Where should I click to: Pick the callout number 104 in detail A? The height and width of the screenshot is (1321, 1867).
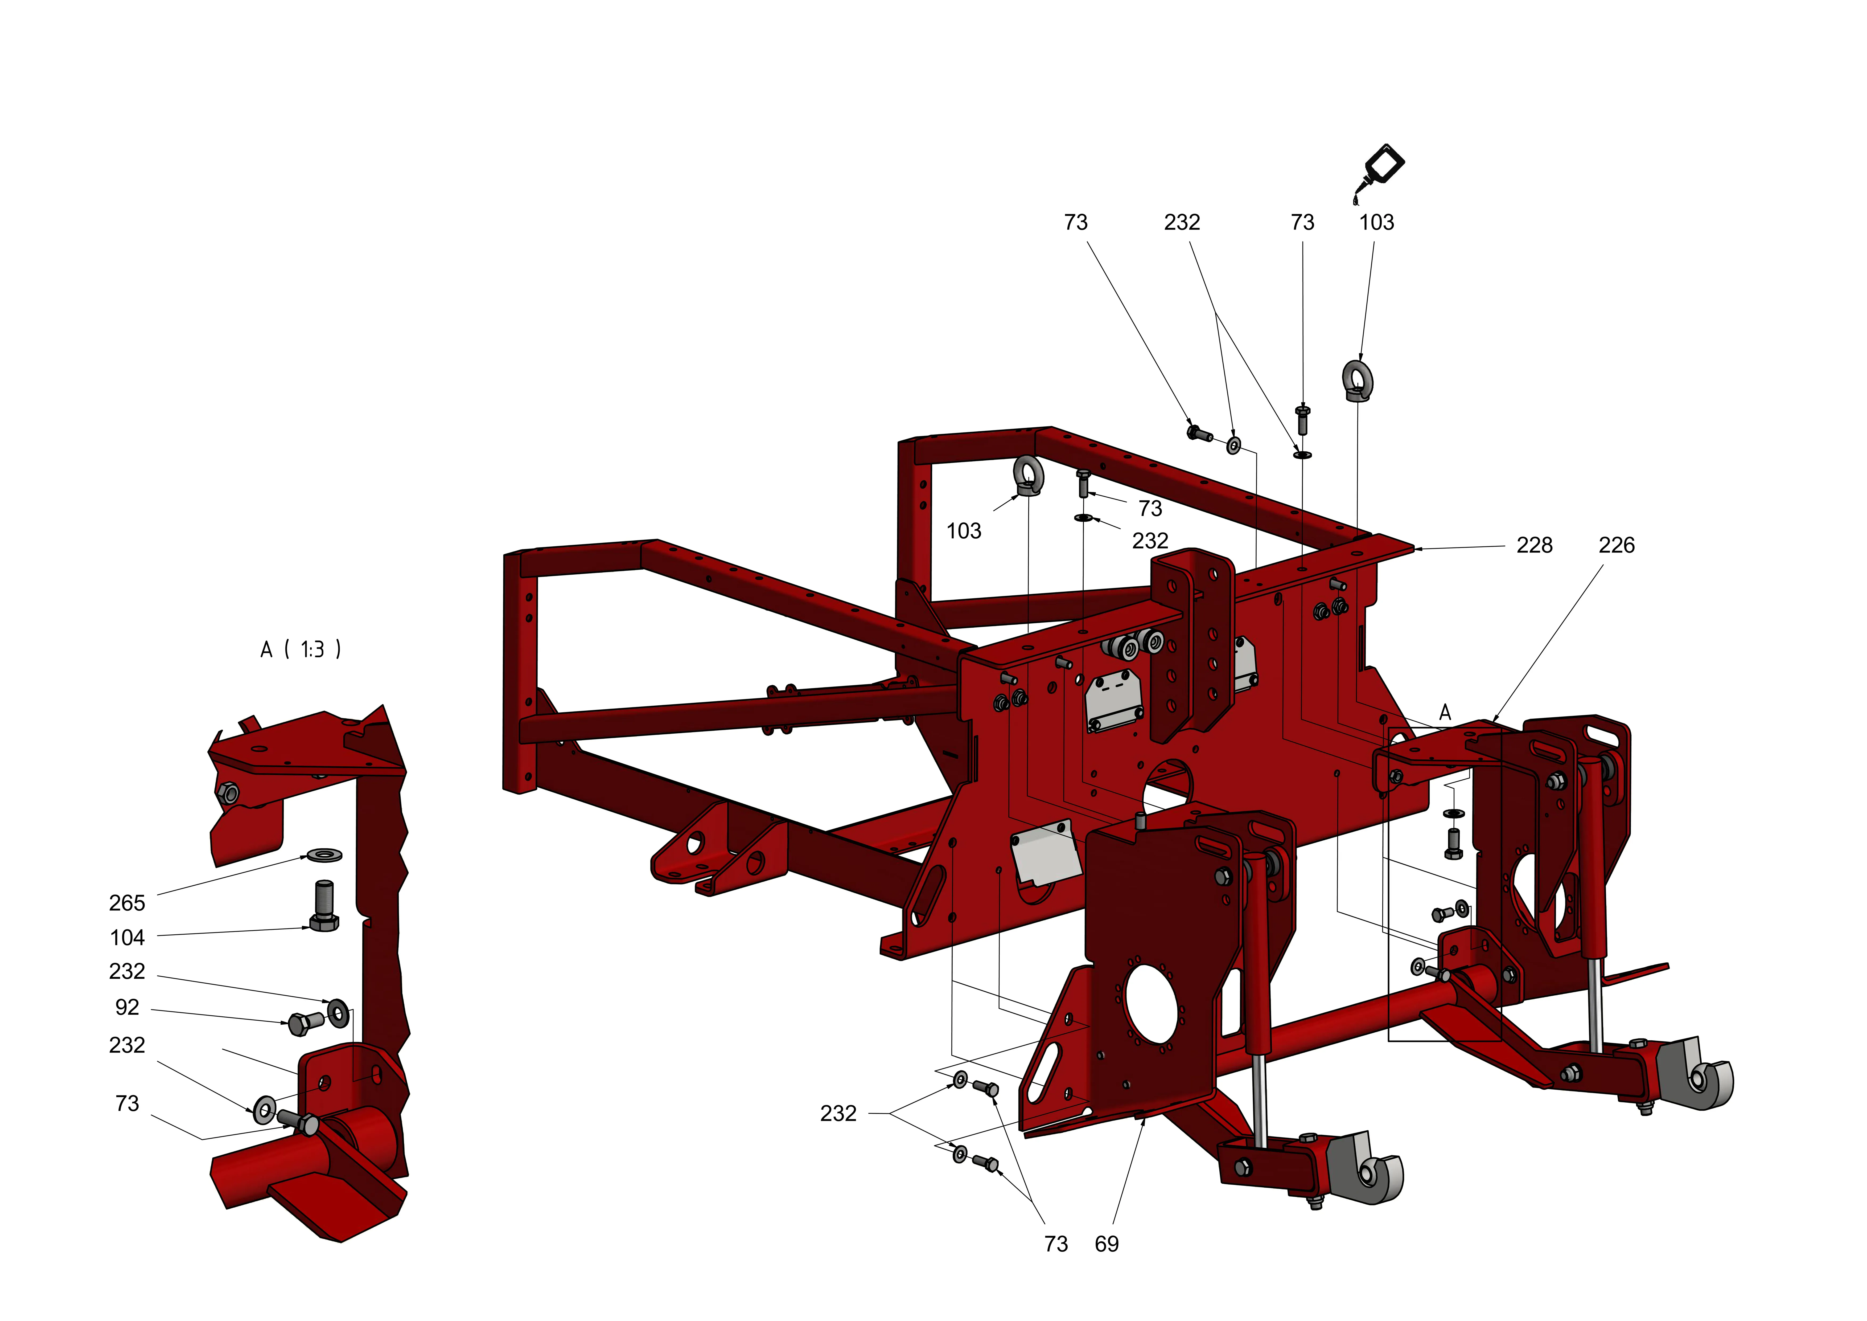point(127,938)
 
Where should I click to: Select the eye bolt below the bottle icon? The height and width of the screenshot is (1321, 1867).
point(1354,381)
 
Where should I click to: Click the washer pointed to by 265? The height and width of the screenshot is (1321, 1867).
point(324,855)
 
